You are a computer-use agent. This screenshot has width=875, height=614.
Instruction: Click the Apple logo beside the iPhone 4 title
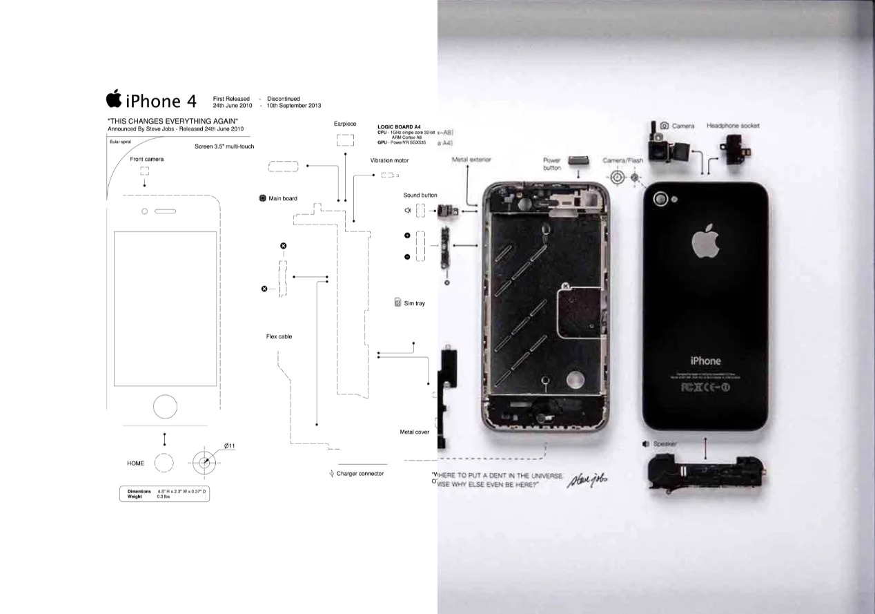(114, 99)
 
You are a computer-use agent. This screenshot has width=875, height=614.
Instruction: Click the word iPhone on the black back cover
(705, 361)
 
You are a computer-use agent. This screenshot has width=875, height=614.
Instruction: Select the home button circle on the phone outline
(165, 406)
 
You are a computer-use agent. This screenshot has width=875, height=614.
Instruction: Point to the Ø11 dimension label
(229, 445)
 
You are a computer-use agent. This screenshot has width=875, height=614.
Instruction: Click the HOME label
(135, 463)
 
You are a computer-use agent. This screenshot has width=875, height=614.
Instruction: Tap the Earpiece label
(344, 124)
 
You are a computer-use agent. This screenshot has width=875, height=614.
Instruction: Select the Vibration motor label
(389, 160)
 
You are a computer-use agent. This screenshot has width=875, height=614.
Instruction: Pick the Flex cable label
(279, 337)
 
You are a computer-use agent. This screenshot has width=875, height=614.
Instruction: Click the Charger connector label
(360, 474)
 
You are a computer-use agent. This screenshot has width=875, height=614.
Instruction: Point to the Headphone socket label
(733, 126)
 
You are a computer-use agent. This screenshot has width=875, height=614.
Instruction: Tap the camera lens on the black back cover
(662, 199)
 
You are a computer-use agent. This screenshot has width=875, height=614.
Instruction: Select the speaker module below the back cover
(697, 475)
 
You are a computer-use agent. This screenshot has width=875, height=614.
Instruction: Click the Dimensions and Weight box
(164, 494)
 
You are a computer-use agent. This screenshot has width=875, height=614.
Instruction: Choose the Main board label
(282, 199)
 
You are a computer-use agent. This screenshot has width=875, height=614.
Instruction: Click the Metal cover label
(414, 432)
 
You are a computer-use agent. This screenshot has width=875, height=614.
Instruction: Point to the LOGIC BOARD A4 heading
(399, 127)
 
